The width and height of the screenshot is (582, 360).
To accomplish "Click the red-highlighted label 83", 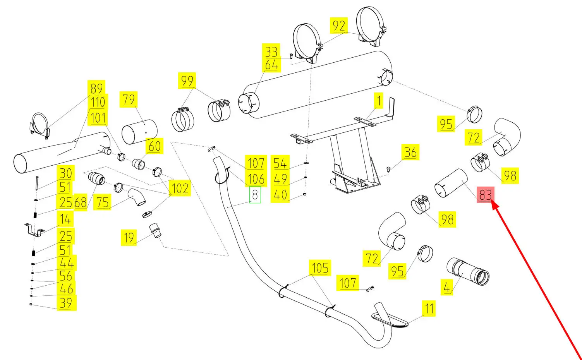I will tap(485, 195).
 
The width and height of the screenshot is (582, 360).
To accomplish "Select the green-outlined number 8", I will tap(255, 195).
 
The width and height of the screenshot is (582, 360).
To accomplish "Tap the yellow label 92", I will tap(339, 26).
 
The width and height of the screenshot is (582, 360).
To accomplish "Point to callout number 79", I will tap(129, 100).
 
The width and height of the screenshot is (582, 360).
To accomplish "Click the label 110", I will tap(98, 103).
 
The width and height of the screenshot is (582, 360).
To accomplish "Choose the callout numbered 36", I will tap(410, 153).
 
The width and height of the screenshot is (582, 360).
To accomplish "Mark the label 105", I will tap(320, 268).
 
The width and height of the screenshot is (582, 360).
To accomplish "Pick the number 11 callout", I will tap(429, 309).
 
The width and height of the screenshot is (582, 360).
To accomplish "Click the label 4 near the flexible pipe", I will tap(447, 288).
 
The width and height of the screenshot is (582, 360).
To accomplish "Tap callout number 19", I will tap(129, 238).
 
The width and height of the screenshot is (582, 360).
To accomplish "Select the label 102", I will tap(180, 189).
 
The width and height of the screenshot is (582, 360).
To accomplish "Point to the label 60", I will tap(155, 146).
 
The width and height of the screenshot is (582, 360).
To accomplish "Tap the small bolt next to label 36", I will tap(389, 169).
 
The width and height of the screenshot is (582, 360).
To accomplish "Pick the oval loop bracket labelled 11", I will tap(390, 321).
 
